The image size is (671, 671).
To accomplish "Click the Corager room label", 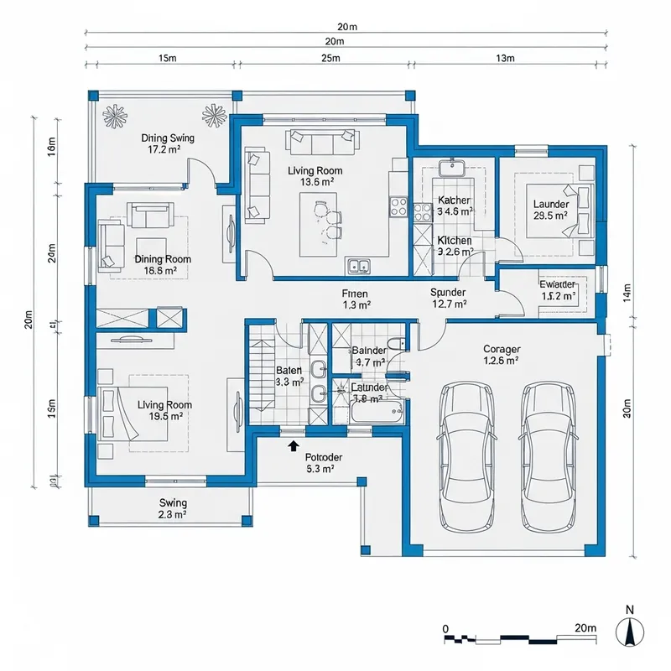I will pos(502,355).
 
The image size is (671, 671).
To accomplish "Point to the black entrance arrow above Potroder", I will pos(293,446).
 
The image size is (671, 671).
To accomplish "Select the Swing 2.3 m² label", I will pos(172,509).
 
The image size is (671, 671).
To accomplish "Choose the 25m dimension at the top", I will pos(330,58).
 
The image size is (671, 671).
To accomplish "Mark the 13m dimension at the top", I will pos(506,58).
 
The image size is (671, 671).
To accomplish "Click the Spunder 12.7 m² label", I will pos(447,298).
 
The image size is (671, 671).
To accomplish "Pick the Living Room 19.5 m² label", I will pos(164,410).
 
